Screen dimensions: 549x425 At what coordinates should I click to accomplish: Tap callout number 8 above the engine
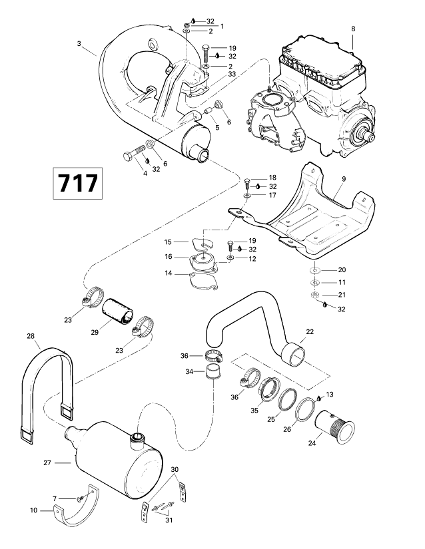(x=353, y=29)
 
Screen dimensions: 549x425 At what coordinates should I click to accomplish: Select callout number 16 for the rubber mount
(x=169, y=256)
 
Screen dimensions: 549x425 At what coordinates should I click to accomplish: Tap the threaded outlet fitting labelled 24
(x=338, y=419)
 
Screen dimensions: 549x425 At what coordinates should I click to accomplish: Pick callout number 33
(x=214, y=74)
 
